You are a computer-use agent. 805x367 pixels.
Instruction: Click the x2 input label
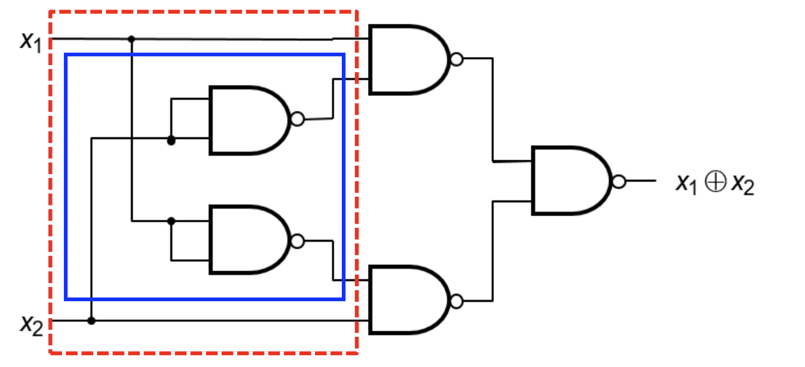[x=32, y=325]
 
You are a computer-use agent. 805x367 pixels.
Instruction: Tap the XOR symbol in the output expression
[x=715, y=182]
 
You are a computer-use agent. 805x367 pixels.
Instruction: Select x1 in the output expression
[x=687, y=184]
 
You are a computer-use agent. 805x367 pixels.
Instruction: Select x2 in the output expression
[x=743, y=185]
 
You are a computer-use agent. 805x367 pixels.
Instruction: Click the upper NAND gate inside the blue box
[x=250, y=120]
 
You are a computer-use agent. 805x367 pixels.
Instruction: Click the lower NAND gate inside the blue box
[x=250, y=240]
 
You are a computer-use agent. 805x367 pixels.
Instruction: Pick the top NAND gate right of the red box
[x=409, y=59]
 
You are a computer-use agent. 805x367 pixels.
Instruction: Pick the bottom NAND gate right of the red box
[x=409, y=301]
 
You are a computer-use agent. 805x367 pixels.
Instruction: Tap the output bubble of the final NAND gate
[x=619, y=182]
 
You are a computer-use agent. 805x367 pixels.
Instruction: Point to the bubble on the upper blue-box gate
[x=297, y=119]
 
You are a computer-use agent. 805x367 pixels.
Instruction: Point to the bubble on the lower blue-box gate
[x=297, y=241]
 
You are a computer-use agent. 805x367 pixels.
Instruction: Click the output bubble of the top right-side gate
[x=457, y=59]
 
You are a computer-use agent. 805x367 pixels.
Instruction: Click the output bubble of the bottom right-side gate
[x=457, y=301]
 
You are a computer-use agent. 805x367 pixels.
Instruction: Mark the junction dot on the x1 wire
[x=131, y=39]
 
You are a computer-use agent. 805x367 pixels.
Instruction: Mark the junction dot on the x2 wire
[x=91, y=321]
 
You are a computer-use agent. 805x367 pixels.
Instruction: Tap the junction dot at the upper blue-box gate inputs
[x=172, y=140]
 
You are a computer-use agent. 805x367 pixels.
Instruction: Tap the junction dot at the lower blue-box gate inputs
[x=172, y=221]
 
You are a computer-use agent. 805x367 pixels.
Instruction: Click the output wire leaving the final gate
[x=641, y=181]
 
